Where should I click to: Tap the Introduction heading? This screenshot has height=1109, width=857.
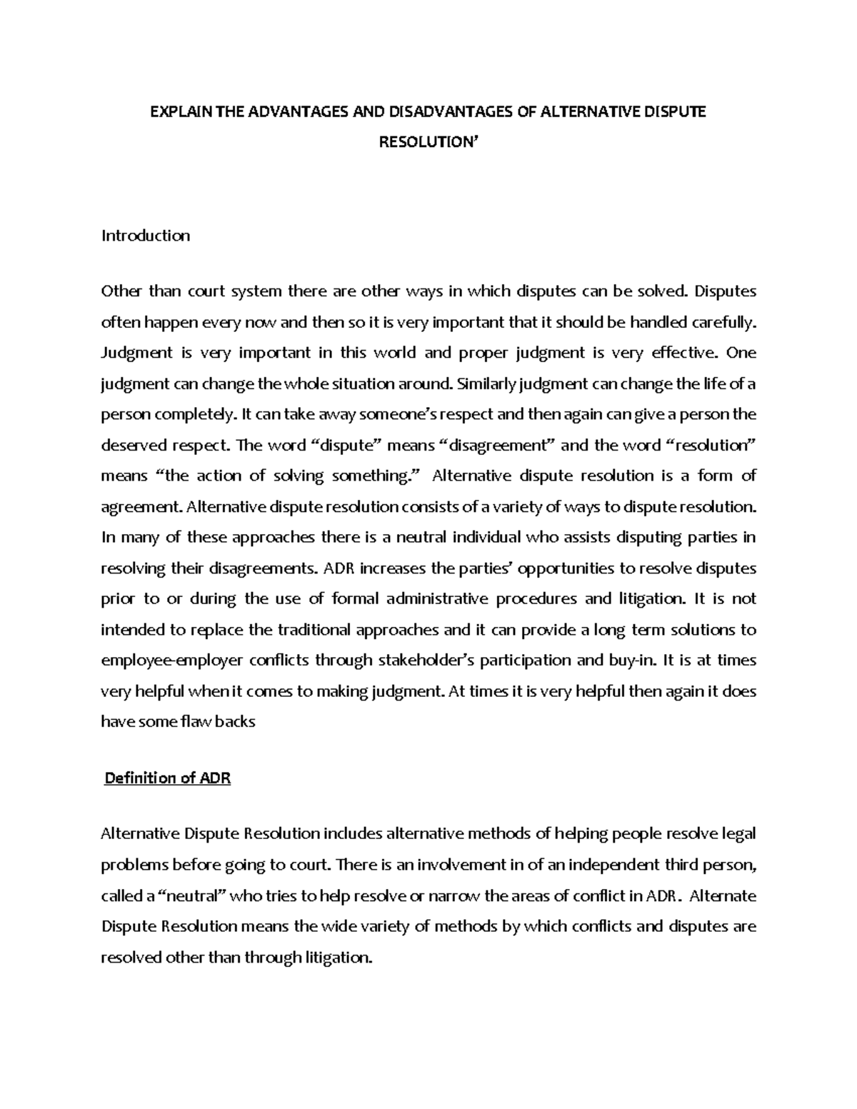pos(146,236)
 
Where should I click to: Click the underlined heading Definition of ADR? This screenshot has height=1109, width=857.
pos(168,778)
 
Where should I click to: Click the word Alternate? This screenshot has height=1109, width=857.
pos(724,896)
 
